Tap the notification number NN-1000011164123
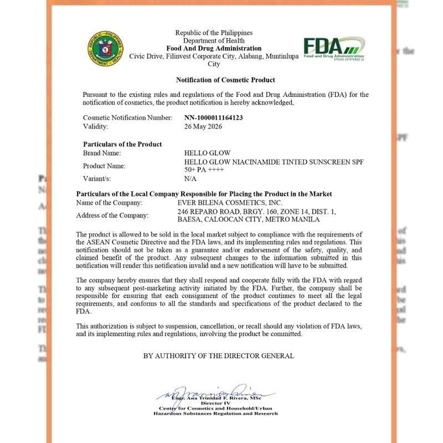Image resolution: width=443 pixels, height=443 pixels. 214,118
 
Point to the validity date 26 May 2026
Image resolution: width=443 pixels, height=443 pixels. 203,126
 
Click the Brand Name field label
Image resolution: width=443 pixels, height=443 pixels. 102,153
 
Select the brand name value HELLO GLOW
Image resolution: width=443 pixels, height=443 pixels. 207,153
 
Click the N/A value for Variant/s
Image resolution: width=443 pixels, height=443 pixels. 190,179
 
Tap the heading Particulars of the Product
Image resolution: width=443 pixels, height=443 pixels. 122,144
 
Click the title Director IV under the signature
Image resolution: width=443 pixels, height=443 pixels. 215,404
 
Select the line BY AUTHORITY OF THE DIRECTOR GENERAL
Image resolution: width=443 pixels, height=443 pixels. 219,356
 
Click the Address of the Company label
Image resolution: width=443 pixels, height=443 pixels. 113,215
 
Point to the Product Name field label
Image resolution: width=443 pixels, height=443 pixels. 104,166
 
